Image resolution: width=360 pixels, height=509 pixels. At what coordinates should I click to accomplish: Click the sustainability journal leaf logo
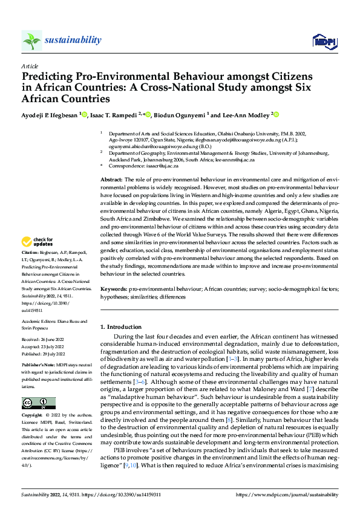(31, 41)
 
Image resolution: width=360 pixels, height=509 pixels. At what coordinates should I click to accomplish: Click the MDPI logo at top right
(323, 41)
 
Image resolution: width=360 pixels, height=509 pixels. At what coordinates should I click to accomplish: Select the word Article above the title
(30, 66)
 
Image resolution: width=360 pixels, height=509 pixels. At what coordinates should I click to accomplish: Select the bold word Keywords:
(113, 290)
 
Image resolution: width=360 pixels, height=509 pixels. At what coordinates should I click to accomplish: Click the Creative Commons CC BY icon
(38, 403)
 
